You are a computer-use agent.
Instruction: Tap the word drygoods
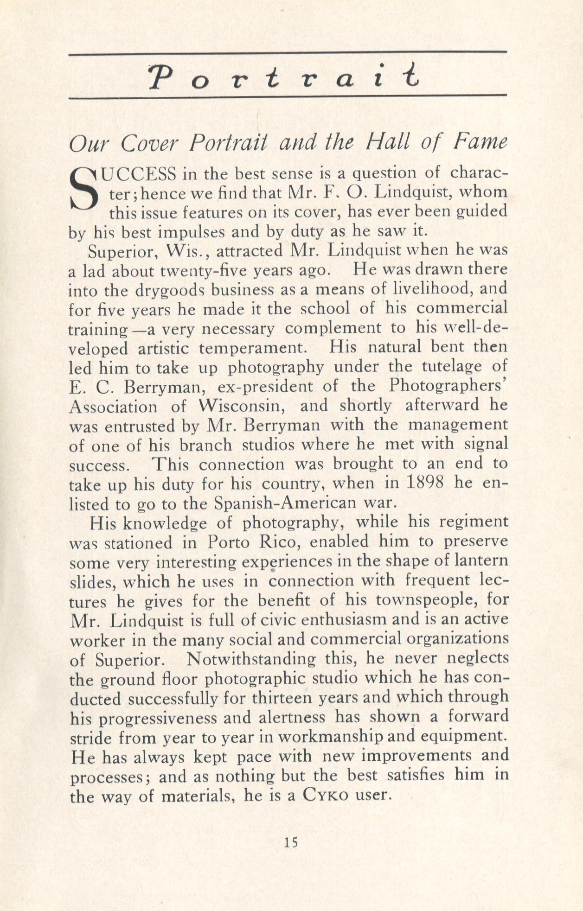pyautogui.click(x=170, y=289)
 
